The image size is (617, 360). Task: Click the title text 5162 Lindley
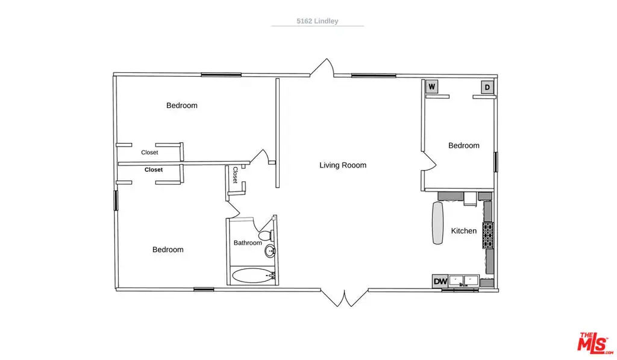(317, 21)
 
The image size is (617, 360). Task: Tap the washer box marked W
(431, 87)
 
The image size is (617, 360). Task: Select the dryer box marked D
(487, 87)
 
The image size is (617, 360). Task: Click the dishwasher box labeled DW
(440, 281)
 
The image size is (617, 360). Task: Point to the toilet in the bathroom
(267, 235)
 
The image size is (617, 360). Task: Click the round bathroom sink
(270, 251)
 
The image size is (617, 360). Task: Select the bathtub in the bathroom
(252, 276)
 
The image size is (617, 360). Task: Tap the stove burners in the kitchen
(488, 235)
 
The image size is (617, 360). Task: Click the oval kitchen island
(437, 223)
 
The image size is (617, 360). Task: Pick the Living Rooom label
(343, 165)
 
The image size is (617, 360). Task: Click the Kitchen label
(463, 231)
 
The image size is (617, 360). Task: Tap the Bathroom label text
(248, 242)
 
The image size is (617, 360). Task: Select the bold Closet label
(154, 170)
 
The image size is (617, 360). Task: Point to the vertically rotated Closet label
(235, 175)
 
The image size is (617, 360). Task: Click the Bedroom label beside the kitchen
(463, 145)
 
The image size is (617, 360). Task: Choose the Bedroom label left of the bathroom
(168, 249)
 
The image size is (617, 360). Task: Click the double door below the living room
(344, 298)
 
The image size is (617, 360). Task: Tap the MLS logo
(594, 343)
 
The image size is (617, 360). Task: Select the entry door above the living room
(322, 68)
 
